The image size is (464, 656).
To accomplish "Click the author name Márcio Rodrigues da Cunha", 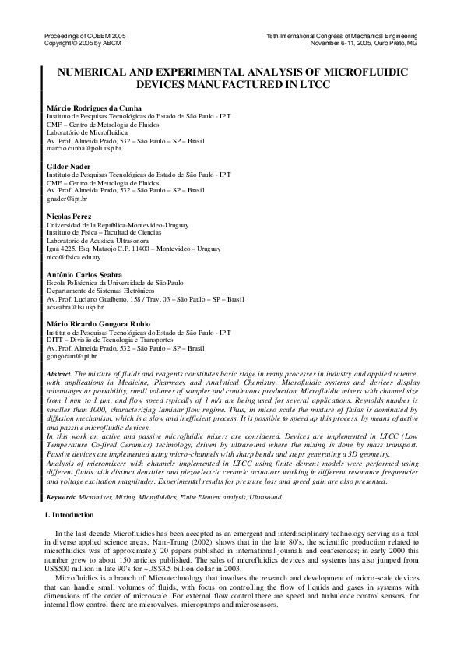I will (x=94, y=107).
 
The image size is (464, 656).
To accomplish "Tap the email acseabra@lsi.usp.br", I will (x=76, y=306).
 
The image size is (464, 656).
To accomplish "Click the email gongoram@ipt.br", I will (x=71, y=355).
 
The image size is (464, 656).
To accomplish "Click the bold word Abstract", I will (x=60, y=375).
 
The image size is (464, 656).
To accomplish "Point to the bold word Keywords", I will (x=62, y=496).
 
